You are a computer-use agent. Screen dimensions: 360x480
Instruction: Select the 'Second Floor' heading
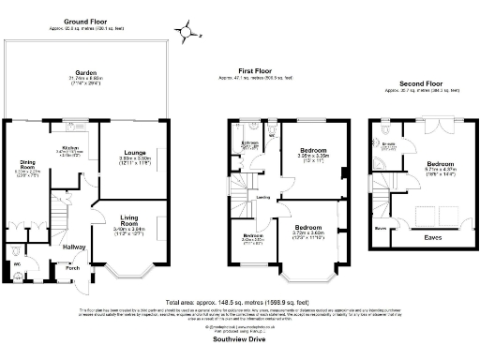[x=417, y=82]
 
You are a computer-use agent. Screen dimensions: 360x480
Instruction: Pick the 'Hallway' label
[x=74, y=247]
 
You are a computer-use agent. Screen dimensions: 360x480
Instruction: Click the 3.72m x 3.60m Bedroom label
[x=310, y=227]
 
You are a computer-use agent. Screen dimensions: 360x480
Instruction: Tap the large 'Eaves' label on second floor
[x=434, y=238]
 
